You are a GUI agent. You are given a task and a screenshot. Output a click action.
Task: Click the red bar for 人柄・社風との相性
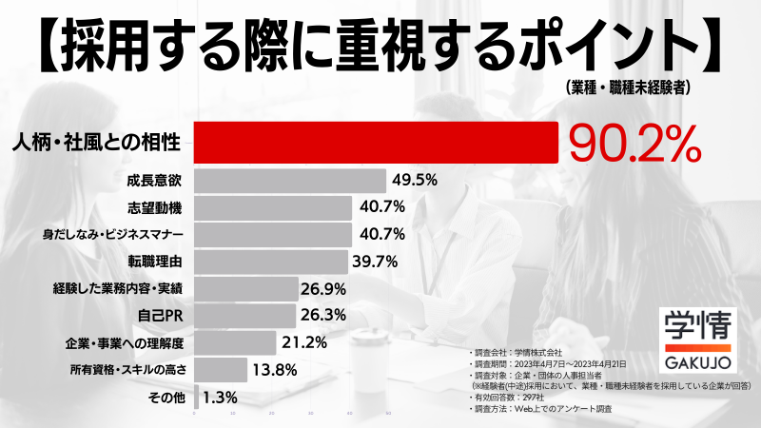click(x=376, y=143)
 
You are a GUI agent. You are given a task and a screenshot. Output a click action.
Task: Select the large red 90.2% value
click(x=634, y=144)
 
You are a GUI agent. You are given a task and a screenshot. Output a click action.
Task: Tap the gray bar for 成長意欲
click(x=290, y=180)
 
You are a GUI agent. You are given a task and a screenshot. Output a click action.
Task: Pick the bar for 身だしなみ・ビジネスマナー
click(x=272, y=234)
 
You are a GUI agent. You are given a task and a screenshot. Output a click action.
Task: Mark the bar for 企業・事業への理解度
click(x=235, y=341)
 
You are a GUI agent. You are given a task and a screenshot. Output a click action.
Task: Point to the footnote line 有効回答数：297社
click(x=513, y=398)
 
